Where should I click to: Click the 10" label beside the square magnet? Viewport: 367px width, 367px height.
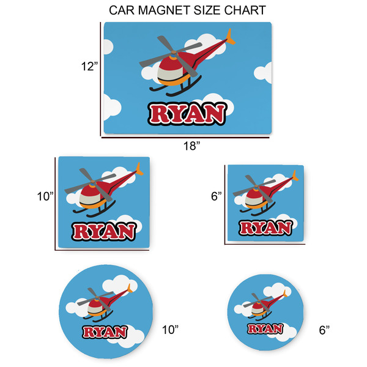coord(45,198)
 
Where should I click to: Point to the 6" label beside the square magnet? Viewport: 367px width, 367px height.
coord(216,198)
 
